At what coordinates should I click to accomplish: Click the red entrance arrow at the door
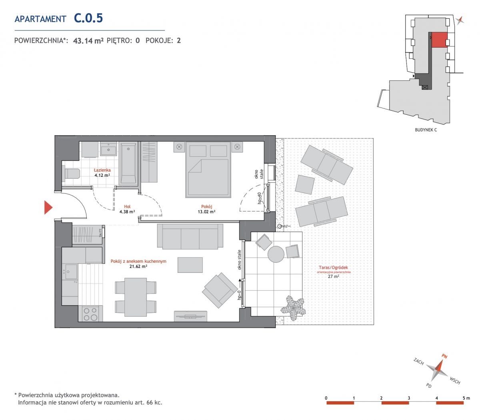coord(48,207)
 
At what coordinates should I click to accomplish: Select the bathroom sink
coord(108,150)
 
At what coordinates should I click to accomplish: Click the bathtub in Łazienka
coord(128,164)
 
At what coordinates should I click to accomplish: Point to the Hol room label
coord(127,207)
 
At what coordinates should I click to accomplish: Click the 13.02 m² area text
coord(207,212)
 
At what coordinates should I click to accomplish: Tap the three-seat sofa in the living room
coord(190,236)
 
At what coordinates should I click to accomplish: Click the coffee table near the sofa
coord(190,265)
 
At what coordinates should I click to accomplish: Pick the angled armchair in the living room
coord(220,290)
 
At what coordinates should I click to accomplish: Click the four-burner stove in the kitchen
coord(91,314)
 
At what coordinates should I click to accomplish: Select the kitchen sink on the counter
coord(71,272)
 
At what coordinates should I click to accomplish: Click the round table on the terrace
coord(276,254)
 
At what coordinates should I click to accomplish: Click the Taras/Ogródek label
coord(333,267)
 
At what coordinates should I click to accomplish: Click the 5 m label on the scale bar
coord(466,398)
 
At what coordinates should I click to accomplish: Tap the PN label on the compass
coord(444,356)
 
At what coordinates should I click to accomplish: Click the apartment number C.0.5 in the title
coord(88,18)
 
